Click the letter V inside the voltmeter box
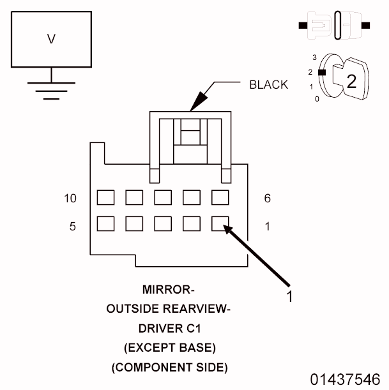pyautogui.click(x=51, y=40)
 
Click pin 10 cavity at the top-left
pyautogui.click(x=105, y=197)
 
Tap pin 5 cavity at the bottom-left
pyautogui.click(x=105, y=223)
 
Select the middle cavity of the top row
pyautogui.click(x=163, y=197)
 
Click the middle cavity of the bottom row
pyautogui.click(x=163, y=223)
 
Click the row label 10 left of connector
pyautogui.click(x=70, y=199)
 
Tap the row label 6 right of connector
pyautogui.click(x=267, y=199)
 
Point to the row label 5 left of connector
pyautogui.click(x=73, y=225)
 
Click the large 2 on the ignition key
pyautogui.click(x=351, y=80)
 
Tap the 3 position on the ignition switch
pyautogui.click(x=314, y=57)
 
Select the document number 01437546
pyautogui.click(x=346, y=379)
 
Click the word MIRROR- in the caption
pyautogui.click(x=169, y=290)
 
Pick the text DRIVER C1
pyautogui.click(x=169, y=329)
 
